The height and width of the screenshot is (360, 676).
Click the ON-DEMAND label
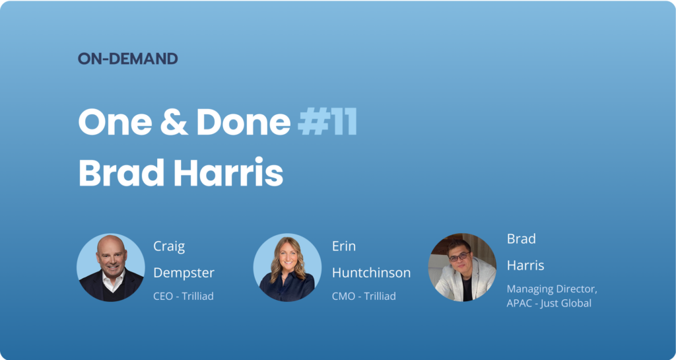(127, 59)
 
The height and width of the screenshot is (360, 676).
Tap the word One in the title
(115, 122)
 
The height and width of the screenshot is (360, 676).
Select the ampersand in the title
(174, 122)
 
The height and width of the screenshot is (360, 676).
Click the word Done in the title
(244, 122)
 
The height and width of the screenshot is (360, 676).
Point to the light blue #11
(327, 122)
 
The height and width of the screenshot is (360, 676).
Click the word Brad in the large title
(121, 173)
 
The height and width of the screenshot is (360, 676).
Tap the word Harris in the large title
(228, 173)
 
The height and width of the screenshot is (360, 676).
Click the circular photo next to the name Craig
(111, 268)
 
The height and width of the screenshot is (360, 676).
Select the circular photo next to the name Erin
(287, 268)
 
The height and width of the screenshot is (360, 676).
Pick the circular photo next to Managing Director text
(462, 268)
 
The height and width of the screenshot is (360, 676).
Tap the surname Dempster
(184, 273)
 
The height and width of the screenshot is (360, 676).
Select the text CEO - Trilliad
(184, 296)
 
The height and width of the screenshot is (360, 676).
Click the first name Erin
(344, 246)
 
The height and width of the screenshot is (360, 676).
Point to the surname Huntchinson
(371, 273)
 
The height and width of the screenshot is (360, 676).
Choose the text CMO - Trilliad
(364, 296)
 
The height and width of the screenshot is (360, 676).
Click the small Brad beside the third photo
(522, 238)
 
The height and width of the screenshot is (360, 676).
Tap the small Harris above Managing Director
(525, 265)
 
